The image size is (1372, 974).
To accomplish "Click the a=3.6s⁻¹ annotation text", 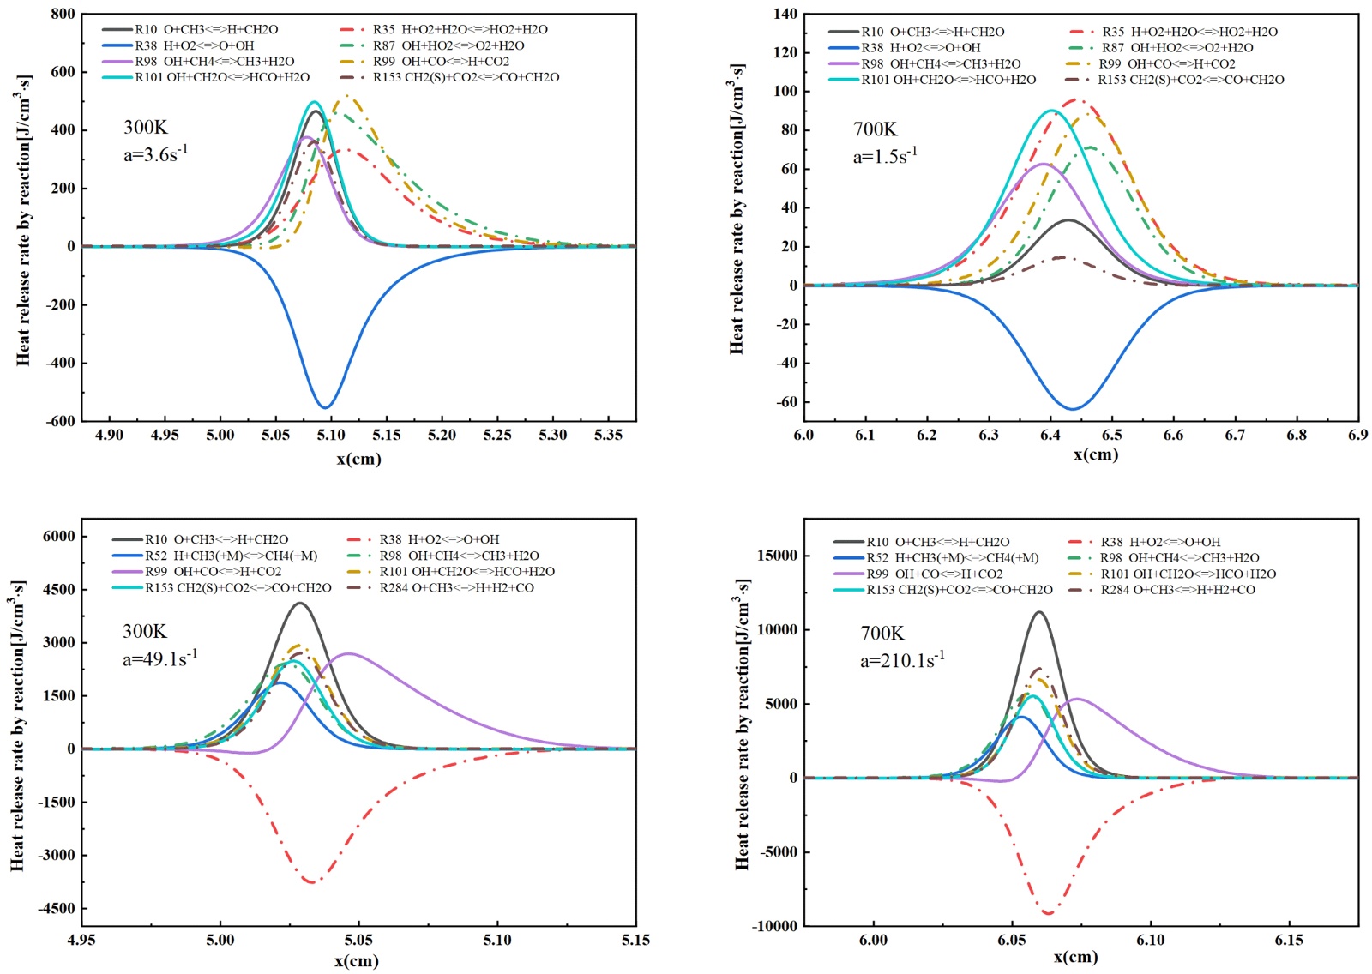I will point(156,154).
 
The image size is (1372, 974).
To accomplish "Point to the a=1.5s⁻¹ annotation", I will point(884,156).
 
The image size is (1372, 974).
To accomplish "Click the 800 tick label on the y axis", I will point(63,15).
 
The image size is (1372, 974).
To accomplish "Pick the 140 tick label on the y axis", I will point(785,14).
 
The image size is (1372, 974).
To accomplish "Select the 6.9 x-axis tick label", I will point(1357,436).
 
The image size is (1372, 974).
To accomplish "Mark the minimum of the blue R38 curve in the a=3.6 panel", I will point(326,407).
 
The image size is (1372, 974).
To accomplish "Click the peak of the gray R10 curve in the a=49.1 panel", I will point(299,604).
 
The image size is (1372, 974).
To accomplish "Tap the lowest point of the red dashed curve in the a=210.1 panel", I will point(1048,913).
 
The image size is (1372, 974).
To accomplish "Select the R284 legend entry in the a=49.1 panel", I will point(456,588).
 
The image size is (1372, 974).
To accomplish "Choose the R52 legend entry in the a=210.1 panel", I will point(952,558).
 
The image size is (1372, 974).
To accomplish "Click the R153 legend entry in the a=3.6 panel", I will point(466,77).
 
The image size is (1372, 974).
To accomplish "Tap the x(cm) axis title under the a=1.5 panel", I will point(1095,454).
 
